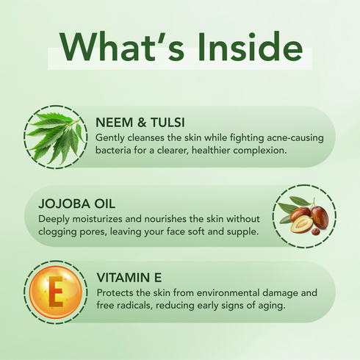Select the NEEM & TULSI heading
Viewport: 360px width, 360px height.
coord(140,123)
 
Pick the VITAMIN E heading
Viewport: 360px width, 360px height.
coord(130,278)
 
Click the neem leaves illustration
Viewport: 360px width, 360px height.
coord(55,136)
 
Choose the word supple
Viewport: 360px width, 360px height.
coord(243,232)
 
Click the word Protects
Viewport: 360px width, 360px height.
coord(117,292)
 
